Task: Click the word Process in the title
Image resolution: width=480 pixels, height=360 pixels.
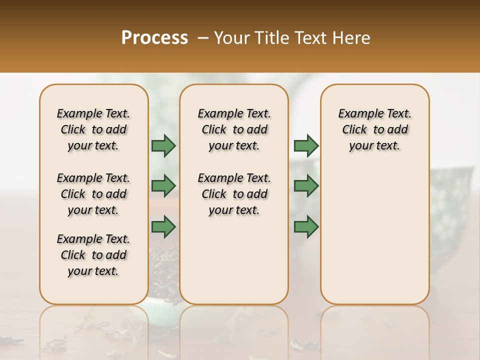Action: coord(154,38)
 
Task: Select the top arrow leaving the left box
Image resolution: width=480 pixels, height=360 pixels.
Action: coord(163,145)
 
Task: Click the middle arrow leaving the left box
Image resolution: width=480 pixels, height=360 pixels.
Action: coord(163,185)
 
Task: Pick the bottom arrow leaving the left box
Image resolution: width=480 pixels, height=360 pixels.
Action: coord(163,226)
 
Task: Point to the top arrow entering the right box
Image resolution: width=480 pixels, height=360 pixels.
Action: coord(306,145)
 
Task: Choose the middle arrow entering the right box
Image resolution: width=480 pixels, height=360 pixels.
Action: coord(306,185)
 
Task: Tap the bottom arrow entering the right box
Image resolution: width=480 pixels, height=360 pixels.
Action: coord(306,226)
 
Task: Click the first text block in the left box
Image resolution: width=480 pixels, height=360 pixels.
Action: coord(93,129)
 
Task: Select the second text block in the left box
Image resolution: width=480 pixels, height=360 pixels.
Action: coord(93,194)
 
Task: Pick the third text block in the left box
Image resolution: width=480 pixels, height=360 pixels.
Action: coord(93,255)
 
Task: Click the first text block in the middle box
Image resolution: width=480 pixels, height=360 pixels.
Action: coord(234,129)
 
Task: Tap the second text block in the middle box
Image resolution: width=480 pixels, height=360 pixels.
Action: coord(234,194)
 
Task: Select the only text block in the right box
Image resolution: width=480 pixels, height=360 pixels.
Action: coord(374,129)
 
